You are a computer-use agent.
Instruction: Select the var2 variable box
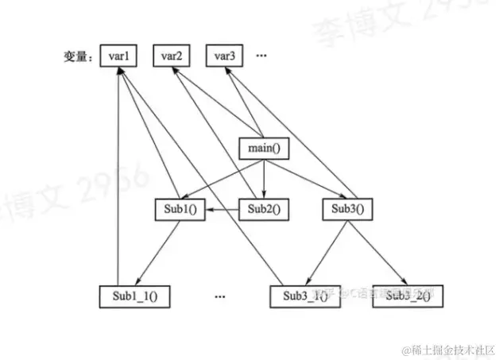coord(172,56)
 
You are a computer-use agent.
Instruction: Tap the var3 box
coord(224,56)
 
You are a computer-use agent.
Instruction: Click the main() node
coord(262,148)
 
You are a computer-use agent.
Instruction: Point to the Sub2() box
coord(264,210)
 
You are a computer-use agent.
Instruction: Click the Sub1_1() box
coord(135,296)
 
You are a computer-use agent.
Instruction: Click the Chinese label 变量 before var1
coord(77,57)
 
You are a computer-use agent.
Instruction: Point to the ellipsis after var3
coord(261,56)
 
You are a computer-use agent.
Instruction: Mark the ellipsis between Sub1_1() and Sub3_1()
coord(220,296)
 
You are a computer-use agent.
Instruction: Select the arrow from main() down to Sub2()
coord(263,179)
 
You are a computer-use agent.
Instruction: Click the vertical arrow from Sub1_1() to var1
coord(118,175)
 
